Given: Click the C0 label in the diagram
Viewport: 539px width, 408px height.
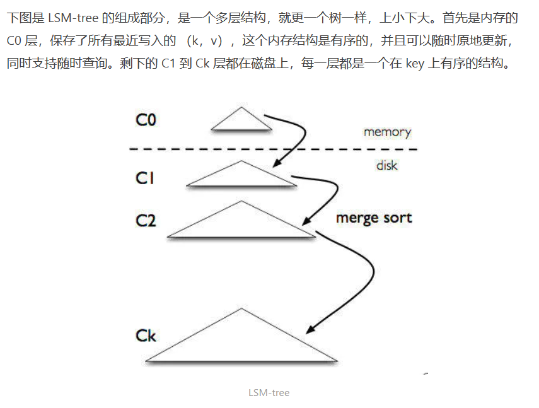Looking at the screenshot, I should coord(146,120).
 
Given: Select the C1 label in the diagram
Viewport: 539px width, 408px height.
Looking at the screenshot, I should coord(146,178).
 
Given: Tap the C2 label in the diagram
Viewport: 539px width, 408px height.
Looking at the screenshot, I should coord(146,221).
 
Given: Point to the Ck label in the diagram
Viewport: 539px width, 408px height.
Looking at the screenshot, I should coord(146,335).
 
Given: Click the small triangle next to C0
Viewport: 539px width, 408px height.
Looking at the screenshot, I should coord(241,121).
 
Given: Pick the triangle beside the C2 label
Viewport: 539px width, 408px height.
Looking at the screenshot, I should coord(241,224).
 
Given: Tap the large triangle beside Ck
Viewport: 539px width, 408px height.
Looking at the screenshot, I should coord(241,342).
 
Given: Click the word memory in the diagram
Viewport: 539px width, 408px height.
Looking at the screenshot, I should coord(387,132).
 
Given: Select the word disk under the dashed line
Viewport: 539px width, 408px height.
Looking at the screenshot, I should coord(387,165).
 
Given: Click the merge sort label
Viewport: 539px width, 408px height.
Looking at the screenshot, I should coord(374,218).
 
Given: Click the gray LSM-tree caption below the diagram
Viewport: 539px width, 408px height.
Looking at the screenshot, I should coord(269,392).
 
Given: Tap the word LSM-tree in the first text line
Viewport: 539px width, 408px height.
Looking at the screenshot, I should coord(72,18).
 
